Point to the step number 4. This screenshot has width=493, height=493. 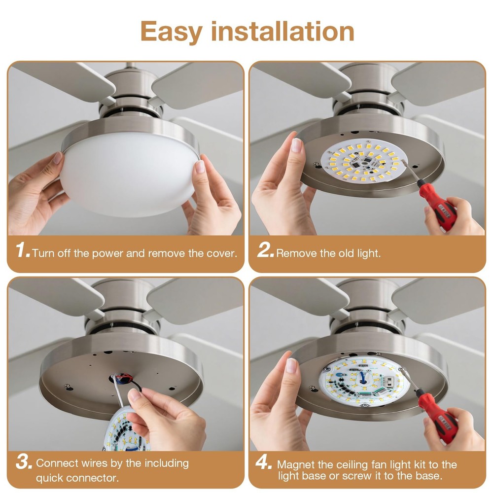(x=264, y=463)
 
